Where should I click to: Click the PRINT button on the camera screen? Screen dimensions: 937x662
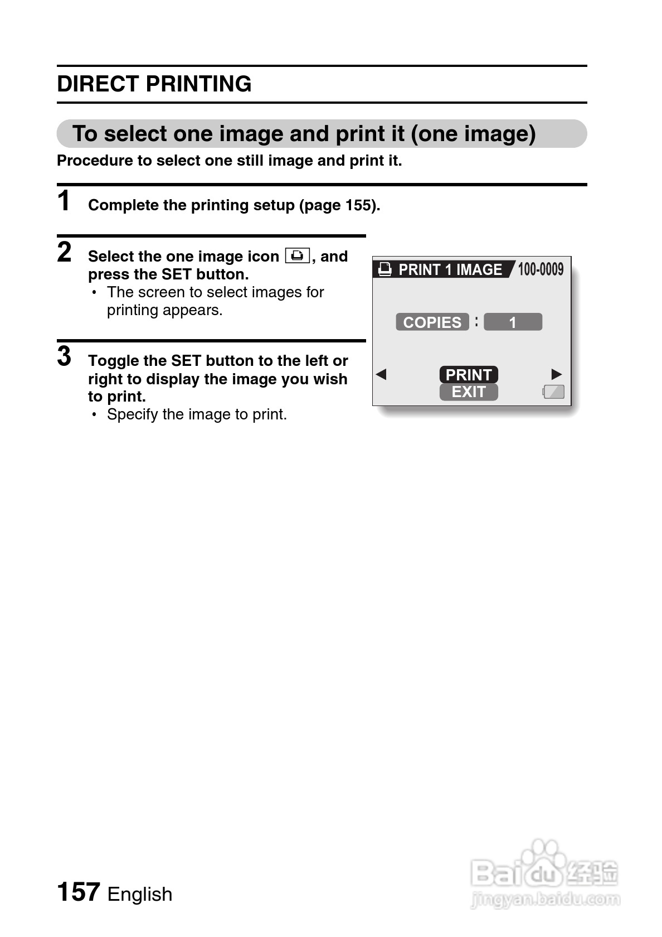(x=469, y=374)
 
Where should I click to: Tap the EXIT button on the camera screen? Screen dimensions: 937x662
(x=469, y=392)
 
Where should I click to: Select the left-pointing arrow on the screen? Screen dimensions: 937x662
(x=381, y=374)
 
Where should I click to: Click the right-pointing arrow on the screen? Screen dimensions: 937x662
(x=556, y=374)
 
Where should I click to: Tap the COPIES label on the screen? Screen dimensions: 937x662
(x=432, y=322)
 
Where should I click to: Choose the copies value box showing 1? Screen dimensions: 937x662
(x=513, y=322)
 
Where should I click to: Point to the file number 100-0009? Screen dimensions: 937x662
(x=541, y=269)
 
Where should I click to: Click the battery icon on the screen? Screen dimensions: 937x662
(x=553, y=392)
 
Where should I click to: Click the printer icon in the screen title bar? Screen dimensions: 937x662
(x=385, y=269)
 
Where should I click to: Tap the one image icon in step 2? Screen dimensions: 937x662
(x=297, y=256)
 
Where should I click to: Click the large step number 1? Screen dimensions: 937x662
(x=65, y=201)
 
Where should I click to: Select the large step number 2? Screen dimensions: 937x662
(x=65, y=252)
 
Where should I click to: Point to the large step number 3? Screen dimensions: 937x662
(x=65, y=356)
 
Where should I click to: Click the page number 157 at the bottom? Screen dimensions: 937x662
(x=79, y=892)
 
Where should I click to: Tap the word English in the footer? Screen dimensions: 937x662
(x=140, y=894)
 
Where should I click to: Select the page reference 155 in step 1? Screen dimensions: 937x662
(x=358, y=205)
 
